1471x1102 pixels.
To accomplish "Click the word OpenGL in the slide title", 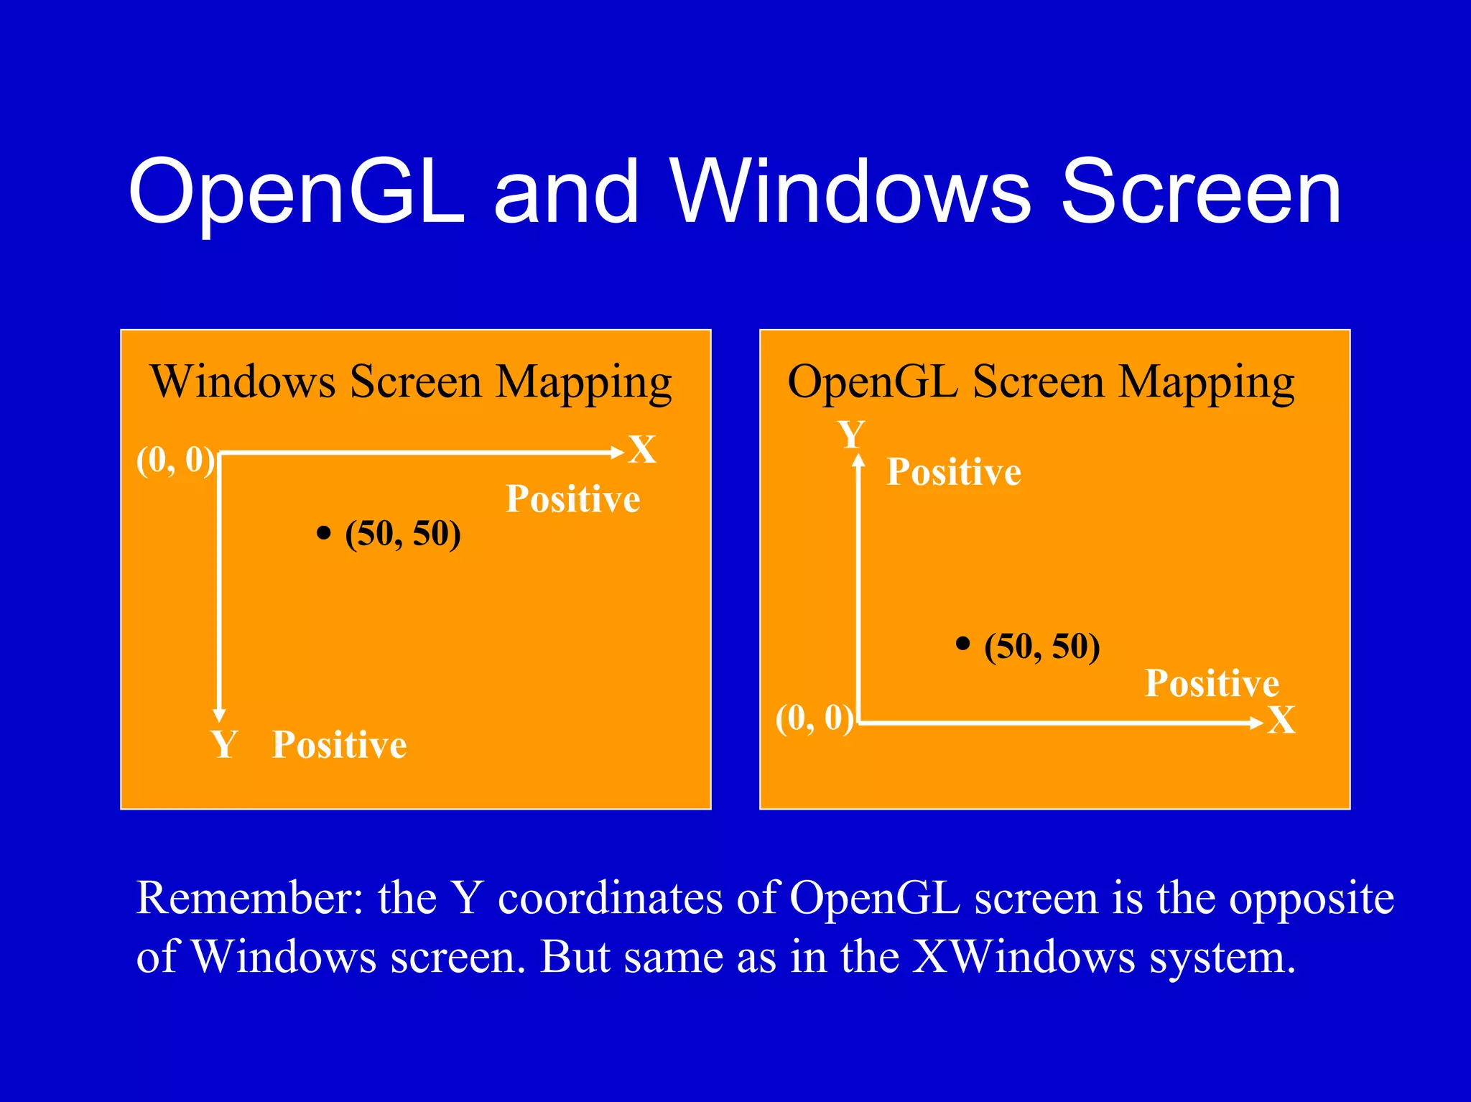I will tap(296, 193).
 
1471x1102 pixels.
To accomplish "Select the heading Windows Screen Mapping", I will tap(411, 381).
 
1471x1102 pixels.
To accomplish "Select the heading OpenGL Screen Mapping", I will tap(1041, 381).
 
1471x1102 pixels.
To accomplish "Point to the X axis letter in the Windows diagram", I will tap(642, 450).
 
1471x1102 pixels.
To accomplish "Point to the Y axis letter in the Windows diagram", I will tap(224, 744).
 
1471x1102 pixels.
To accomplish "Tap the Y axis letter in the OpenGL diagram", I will tap(852, 435).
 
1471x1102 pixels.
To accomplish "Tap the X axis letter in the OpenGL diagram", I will tap(1281, 721).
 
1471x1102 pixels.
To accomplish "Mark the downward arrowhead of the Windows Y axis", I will tap(220, 715).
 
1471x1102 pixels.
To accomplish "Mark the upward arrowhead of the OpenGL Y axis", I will tap(858, 460).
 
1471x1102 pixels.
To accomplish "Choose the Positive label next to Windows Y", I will tap(339, 744).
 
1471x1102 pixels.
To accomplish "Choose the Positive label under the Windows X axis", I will tap(572, 499).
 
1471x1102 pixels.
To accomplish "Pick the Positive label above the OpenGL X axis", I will tap(1212, 682).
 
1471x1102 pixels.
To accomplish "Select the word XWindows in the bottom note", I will tap(1023, 957).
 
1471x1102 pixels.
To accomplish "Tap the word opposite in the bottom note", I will tap(1312, 899).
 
